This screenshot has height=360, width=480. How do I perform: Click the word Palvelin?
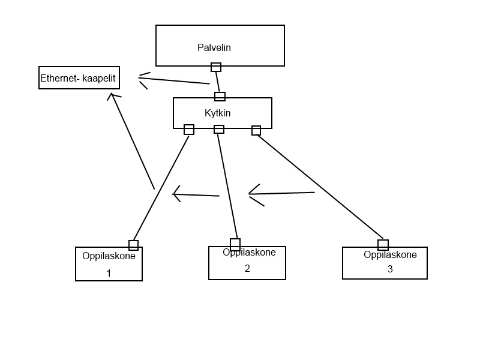pyautogui.click(x=214, y=47)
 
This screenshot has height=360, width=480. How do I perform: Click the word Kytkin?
pyautogui.click(x=217, y=113)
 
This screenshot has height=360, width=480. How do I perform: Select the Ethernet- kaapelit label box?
pyautogui.click(x=79, y=78)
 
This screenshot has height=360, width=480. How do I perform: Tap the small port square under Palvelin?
pyautogui.click(x=216, y=67)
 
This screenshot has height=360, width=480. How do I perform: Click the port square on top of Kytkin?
pyautogui.click(x=220, y=97)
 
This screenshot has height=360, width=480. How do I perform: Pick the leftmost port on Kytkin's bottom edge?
pyautogui.click(x=189, y=130)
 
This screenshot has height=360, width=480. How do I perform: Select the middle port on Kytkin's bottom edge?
pyautogui.click(x=219, y=129)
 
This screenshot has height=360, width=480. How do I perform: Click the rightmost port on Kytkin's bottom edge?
pyautogui.click(x=256, y=130)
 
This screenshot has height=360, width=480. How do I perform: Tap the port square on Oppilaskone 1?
pyautogui.click(x=133, y=245)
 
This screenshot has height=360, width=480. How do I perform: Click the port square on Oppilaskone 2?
pyautogui.click(x=235, y=245)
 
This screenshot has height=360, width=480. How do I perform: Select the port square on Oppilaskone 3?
pyautogui.click(x=383, y=245)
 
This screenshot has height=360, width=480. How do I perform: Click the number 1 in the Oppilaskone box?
pyautogui.click(x=109, y=273)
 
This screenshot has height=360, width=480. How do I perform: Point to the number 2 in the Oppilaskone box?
pyautogui.click(x=247, y=268)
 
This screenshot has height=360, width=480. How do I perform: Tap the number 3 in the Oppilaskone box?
pyautogui.click(x=390, y=269)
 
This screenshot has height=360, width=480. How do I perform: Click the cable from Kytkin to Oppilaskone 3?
pyautogui.click(x=320, y=187)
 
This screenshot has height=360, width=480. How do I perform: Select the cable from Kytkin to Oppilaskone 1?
pyautogui.click(x=161, y=188)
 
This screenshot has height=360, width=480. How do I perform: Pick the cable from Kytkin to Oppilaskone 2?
pyautogui.click(x=227, y=186)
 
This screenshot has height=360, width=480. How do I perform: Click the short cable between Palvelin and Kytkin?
pyautogui.click(x=218, y=82)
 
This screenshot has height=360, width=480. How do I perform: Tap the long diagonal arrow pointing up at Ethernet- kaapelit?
pyautogui.click(x=131, y=141)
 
